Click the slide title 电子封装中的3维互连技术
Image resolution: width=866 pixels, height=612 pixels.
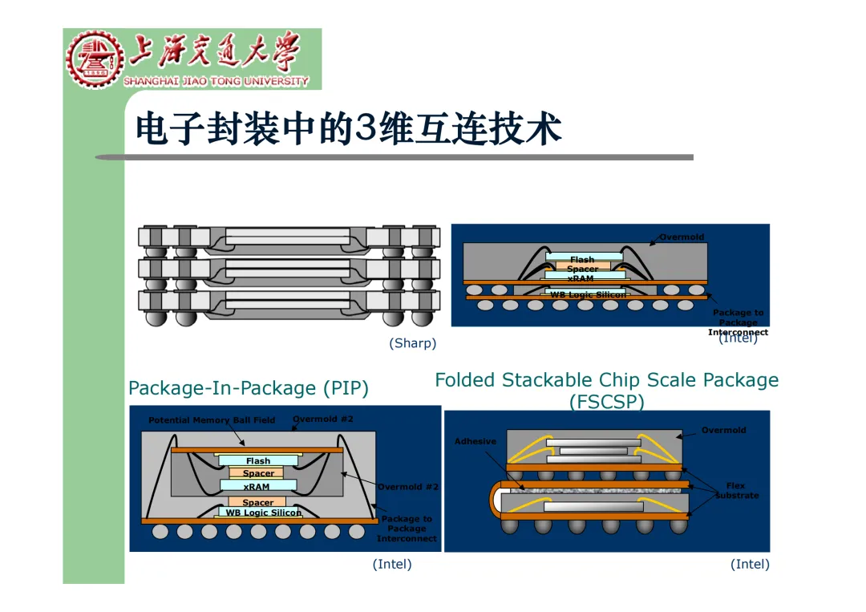tap(348, 128)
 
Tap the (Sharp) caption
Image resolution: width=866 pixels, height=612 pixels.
tap(412, 343)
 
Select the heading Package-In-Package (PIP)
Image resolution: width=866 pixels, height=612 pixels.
tap(249, 388)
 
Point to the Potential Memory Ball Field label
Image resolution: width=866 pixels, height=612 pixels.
tap(212, 420)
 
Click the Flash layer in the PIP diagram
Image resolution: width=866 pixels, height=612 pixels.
tap(258, 461)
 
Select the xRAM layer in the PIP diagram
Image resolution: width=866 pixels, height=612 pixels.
tap(257, 486)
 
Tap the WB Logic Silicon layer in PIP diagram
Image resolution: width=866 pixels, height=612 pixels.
tap(263, 513)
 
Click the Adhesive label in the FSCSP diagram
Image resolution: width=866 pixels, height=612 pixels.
tap(475, 441)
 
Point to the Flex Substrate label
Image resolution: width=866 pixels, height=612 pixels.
tap(736, 490)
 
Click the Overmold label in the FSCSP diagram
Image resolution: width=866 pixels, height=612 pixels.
tap(723, 431)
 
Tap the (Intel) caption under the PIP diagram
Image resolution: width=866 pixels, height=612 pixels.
tap(392, 564)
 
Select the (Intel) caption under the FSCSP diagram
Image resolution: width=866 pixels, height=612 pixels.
tap(750, 564)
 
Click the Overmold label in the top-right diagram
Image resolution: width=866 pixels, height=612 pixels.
tap(682, 237)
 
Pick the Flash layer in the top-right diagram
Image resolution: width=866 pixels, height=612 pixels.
tap(583, 259)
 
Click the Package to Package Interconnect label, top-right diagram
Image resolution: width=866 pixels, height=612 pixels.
tap(738, 322)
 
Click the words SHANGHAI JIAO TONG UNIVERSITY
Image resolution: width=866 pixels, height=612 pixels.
tap(216, 81)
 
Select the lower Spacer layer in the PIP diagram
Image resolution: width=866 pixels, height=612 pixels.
tap(257, 502)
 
